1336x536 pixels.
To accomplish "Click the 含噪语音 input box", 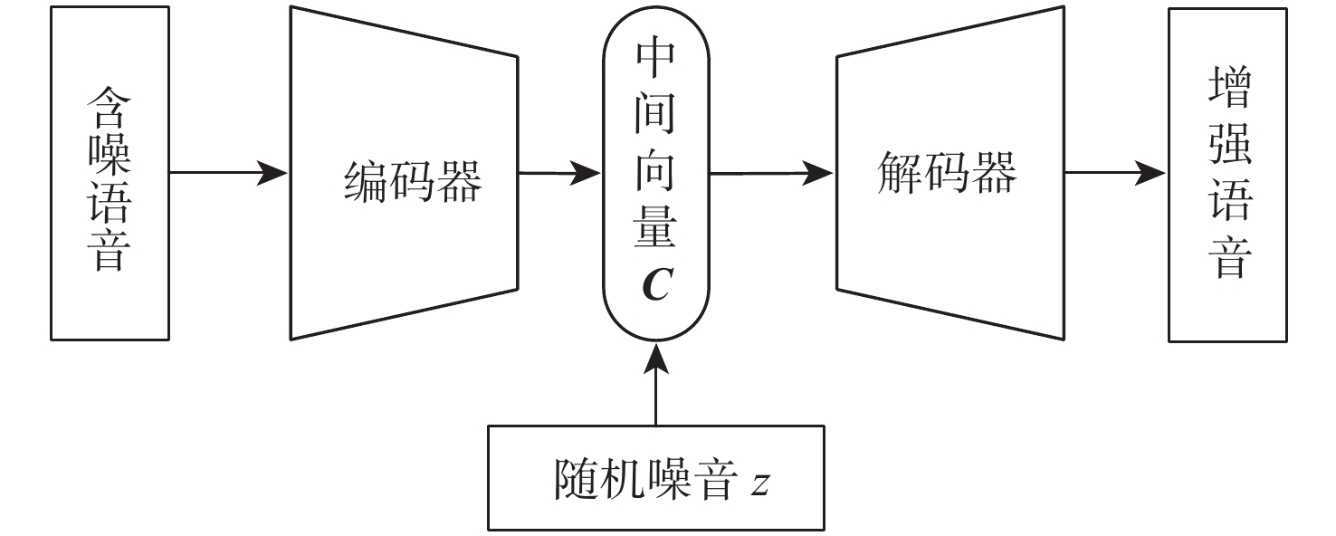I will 110,173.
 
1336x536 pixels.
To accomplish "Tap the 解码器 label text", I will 947,172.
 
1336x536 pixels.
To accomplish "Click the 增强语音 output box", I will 1226,175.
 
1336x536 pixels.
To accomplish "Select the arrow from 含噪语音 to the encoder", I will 227,173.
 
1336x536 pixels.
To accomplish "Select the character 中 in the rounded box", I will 656,62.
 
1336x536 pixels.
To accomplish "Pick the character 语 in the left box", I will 110,206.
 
